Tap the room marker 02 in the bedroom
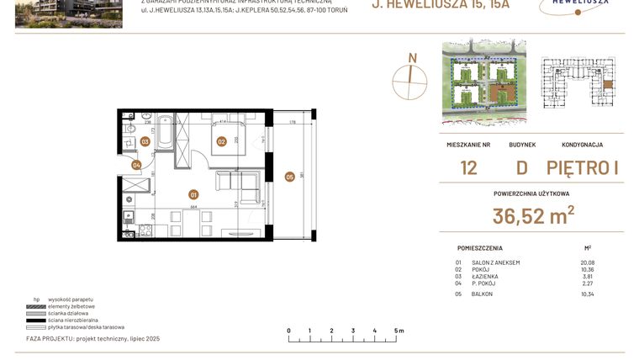(x=222, y=142)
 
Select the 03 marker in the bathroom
(x=145, y=142)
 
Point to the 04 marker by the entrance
(x=137, y=165)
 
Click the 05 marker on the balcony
(x=289, y=177)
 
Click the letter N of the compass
(x=412, y=58)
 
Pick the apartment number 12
(x=468, y=167)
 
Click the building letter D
(x=521, y=167)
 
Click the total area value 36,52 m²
(x=533, y=216)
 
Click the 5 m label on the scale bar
(x=399, y=331)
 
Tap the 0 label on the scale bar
(x=288, y=331)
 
